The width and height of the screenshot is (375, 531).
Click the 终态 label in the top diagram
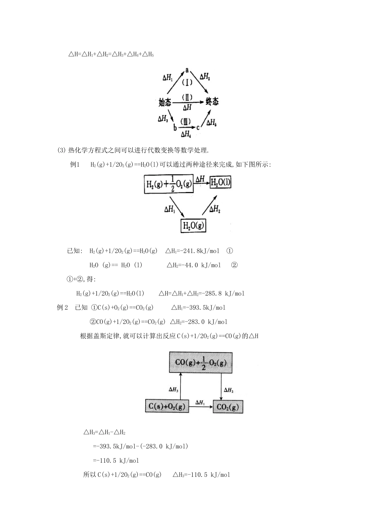coord(212,102)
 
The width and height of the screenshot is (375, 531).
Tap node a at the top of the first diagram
coord(187,70)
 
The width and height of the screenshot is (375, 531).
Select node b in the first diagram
coord(174,127)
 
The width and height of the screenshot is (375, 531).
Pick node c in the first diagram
coord(198,127)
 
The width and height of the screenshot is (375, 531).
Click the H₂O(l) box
coord(220,183)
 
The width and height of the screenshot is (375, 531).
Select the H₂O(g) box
coord(193,226)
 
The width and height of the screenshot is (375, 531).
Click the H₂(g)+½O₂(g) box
coord(169,185)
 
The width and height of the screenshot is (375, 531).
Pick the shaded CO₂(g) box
coord(228,407)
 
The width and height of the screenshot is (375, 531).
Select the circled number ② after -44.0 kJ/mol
coord(234,265)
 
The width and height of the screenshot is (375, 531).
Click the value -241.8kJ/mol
coord(196,251)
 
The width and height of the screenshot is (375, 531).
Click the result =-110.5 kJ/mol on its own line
coord(116,460)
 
